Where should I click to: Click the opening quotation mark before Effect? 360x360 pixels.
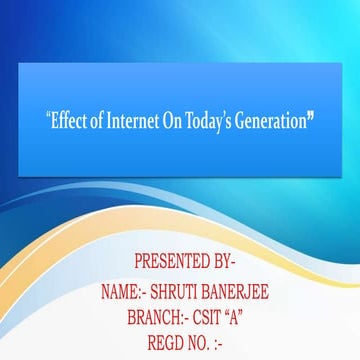pos(48,116)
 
